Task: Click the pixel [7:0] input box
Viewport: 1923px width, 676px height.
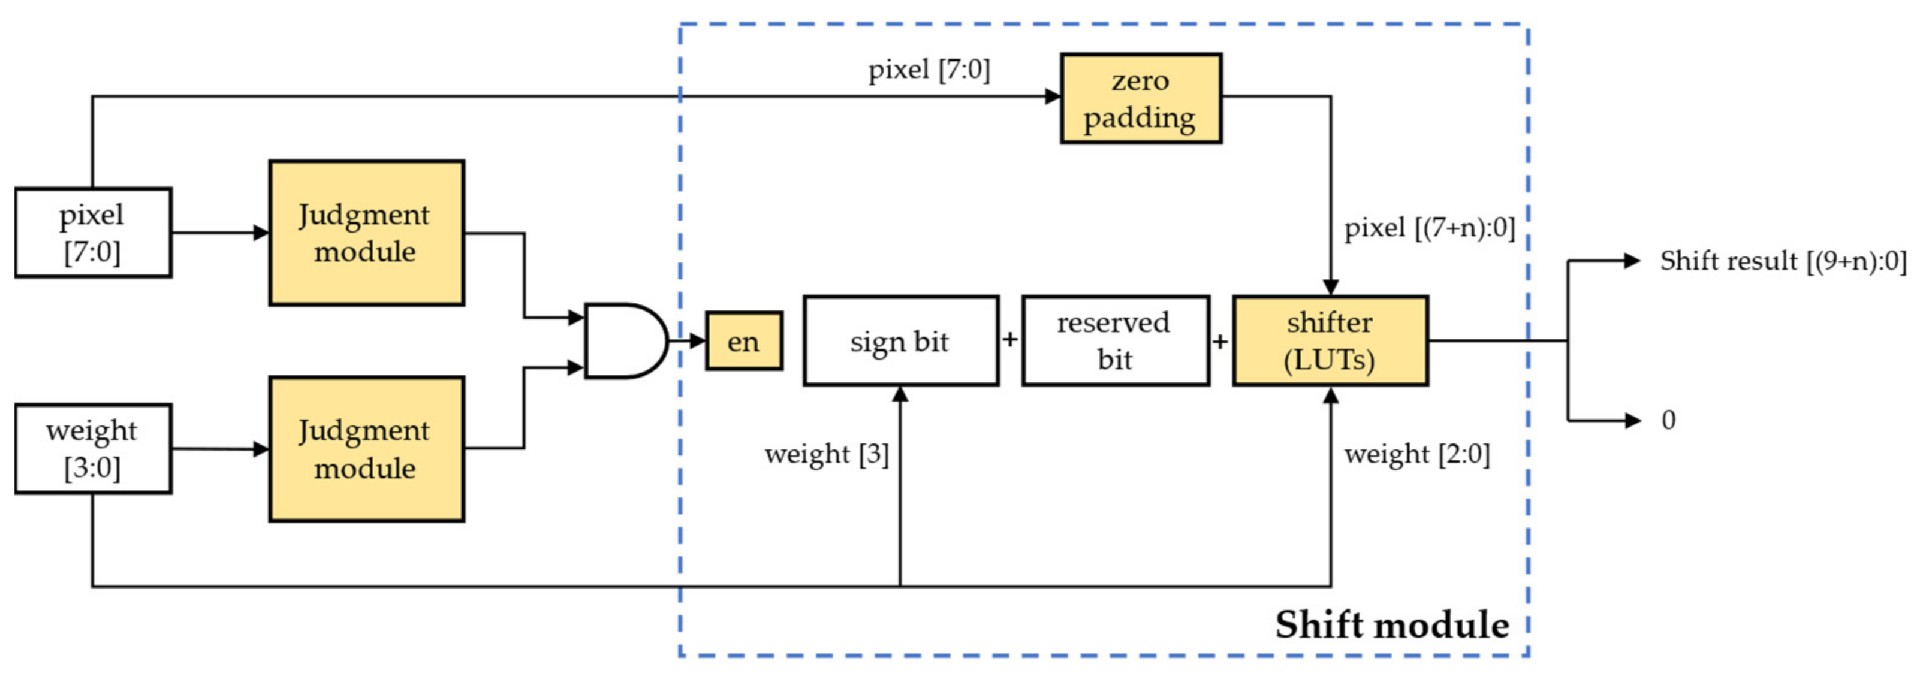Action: tap(92, 233)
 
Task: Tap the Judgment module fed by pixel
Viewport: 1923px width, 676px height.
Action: tap(366, 233)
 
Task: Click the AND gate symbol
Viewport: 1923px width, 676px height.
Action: tap(623, 341)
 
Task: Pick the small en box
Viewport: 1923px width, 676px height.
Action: tap(743, 341)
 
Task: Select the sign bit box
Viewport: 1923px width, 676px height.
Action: tap(900, 341)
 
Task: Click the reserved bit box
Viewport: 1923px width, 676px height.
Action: tap(1116, 341)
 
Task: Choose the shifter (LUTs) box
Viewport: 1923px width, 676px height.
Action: tap(1330, 341)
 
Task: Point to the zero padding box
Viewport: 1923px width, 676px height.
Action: tap(1141, 98)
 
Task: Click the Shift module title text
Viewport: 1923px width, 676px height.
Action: tap(1391, 624)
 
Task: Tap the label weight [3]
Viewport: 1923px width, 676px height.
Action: tap(827, 454)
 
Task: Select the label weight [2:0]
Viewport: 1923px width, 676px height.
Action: tap(1416, 454)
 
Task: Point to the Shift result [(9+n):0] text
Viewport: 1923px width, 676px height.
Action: tap(1783, 261)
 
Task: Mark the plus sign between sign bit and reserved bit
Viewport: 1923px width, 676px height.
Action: tap(1010, 340)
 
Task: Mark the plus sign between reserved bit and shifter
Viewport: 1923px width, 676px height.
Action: tap(1220, 342)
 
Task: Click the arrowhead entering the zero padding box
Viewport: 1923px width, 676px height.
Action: tap(1053, 96)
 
